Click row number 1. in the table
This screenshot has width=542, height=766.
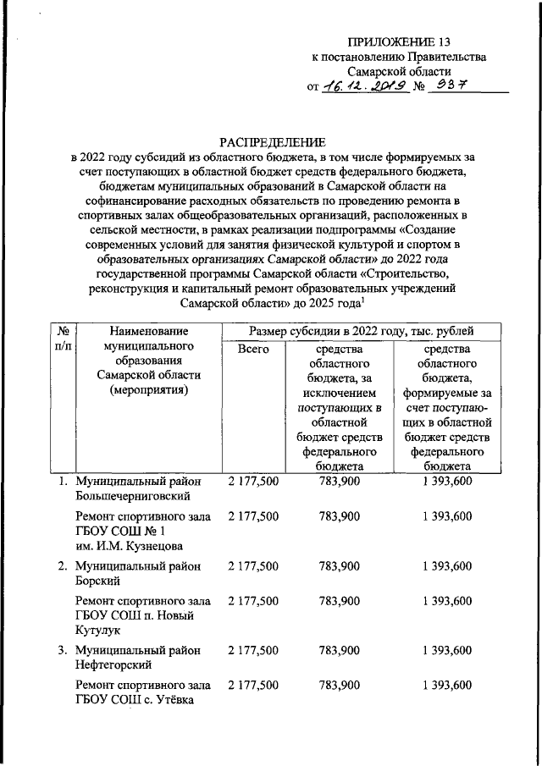(63, 481)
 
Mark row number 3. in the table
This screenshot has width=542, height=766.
(63, 651)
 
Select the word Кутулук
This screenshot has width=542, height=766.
(99, 631)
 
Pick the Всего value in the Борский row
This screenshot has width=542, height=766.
(252, 565)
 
